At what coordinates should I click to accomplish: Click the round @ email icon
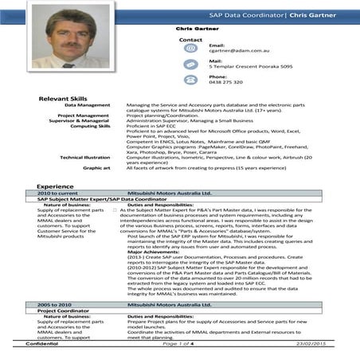[x=190, y=49]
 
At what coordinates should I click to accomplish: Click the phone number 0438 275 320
[x=225, y=83]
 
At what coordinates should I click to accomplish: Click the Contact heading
[x=191, y=38]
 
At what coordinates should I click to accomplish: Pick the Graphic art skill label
[x=96, y=168]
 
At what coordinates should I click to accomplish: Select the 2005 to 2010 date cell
[x=55, y=305]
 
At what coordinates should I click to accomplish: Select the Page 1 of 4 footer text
[x=182, y=343]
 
